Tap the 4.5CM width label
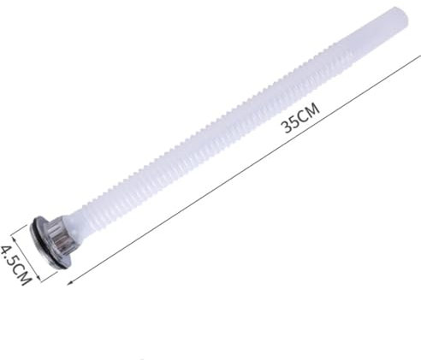point(15,265)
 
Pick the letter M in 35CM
point(314,109)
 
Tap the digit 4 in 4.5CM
point(6,250)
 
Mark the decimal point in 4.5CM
point(9,257)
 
